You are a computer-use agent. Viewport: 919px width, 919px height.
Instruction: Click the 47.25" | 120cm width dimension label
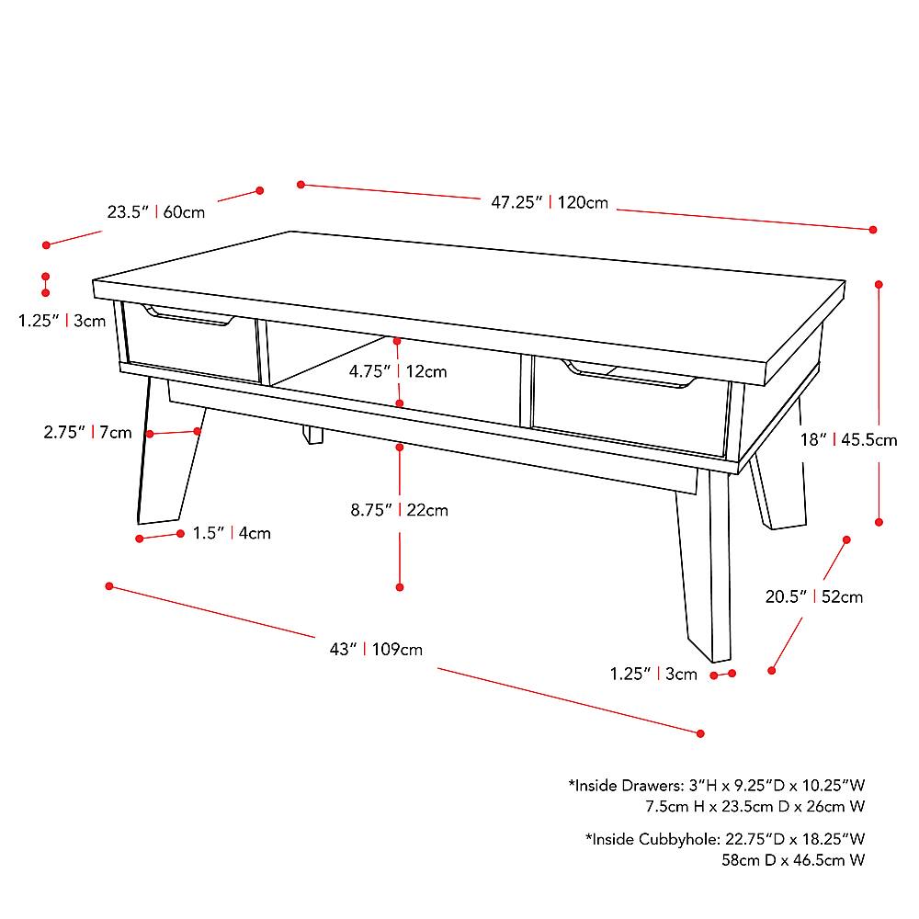pos(550,202)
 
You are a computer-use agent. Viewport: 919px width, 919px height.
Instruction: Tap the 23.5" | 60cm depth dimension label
pos(156,211)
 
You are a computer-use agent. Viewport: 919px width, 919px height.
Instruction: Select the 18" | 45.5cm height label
pos(848,439)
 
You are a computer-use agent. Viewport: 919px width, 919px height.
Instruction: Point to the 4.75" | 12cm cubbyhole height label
pos(398,371)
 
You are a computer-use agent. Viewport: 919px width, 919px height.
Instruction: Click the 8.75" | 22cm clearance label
pos(399,510)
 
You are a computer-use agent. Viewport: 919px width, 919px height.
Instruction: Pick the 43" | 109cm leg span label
pos(376,649)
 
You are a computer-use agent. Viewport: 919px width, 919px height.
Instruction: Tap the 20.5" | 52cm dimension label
pos(814,596)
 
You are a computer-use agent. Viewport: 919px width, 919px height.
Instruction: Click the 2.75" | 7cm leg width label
pos(87,433)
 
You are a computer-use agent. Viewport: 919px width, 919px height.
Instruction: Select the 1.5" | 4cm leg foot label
pos(232,533)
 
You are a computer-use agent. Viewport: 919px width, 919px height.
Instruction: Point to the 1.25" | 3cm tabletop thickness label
pos(62,321)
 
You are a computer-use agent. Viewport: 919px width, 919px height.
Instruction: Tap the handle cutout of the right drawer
pos(629,375)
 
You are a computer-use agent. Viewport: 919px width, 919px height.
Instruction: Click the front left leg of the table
pos(170,451)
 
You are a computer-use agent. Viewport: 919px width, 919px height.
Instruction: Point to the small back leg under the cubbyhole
pos(313,435)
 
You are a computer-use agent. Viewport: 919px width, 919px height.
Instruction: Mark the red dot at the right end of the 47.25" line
pos(873,230)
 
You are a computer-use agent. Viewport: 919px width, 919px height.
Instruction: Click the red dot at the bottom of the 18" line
pos(879,522)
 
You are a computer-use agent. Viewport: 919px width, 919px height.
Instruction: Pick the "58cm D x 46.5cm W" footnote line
pos(793,860)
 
